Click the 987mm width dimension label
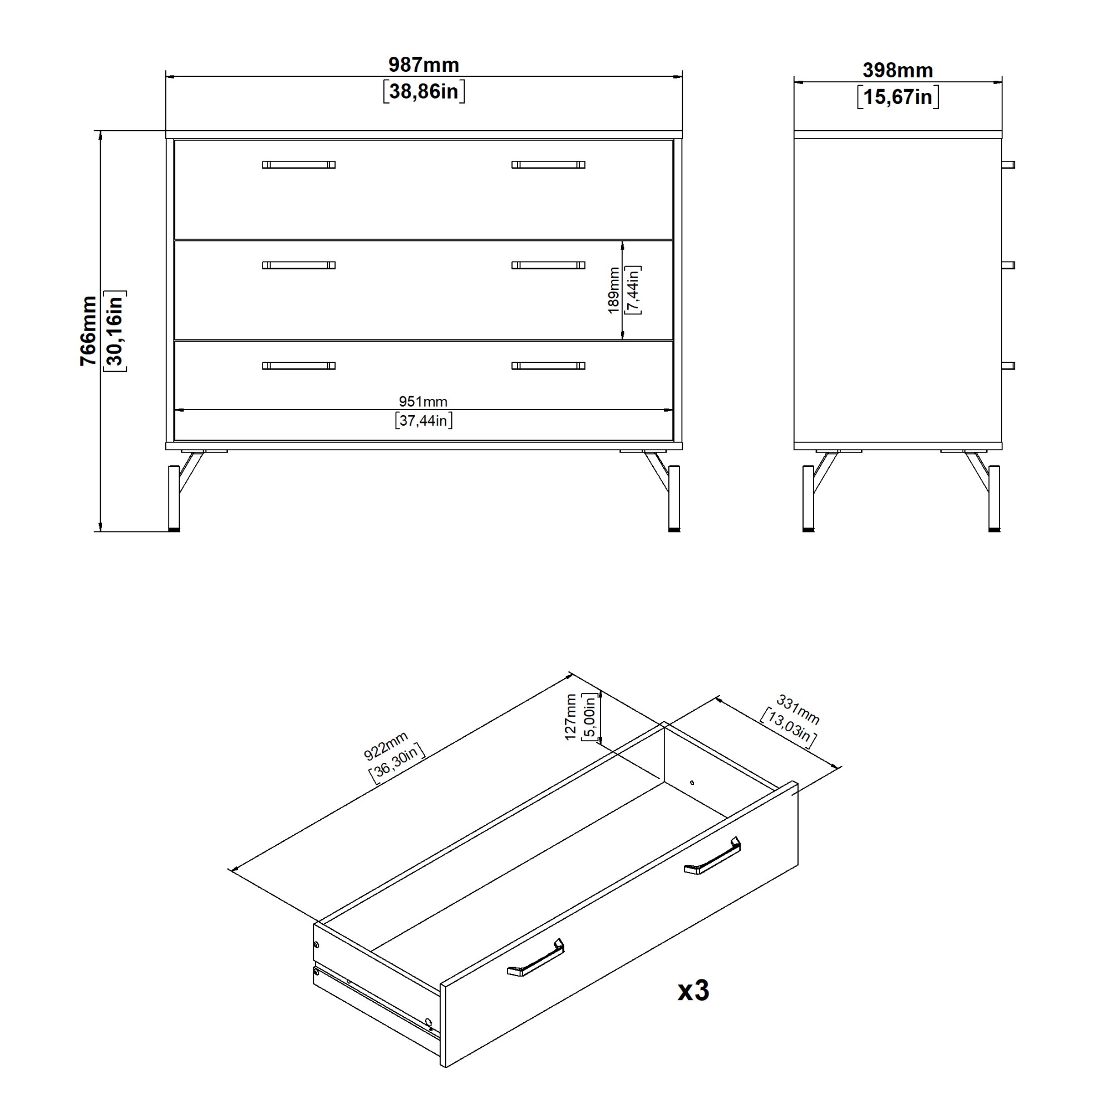pos(423,65)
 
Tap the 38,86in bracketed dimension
pos(423,91)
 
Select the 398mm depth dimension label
pos(898,70)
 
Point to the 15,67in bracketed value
pos(898,97)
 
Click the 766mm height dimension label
pos(88,331)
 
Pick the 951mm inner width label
pos(423,402)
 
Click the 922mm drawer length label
pos(386,746)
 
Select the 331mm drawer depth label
pos(798,710)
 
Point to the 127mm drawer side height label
pos(570,717)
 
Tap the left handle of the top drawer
pos(299,165)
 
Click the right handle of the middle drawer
pos(549,265)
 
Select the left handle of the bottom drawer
pos(299,366)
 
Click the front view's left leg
pos(174,498)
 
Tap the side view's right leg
pos(994,498)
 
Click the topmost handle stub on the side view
pos(1008,165)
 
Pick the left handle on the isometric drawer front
pos(536,958)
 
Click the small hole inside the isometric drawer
pos(692,783)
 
